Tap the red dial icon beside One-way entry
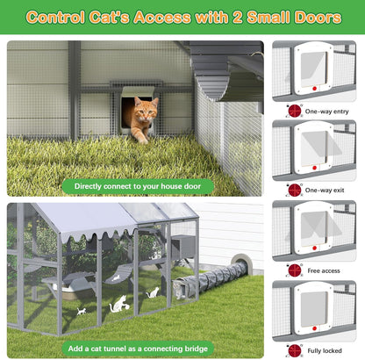(294, 112)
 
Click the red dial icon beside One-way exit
(294, 191)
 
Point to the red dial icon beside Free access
(294, 270)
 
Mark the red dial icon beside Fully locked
(294, 349)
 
